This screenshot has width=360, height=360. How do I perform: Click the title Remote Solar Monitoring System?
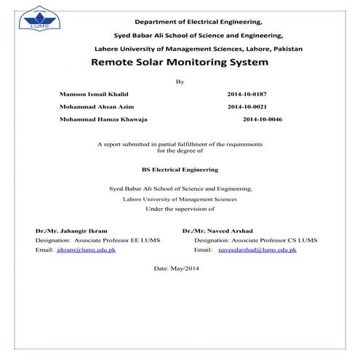tap(180, 63)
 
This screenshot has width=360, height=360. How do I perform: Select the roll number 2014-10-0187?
tap(248, 95)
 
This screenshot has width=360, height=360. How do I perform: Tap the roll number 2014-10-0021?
tap(248, 105)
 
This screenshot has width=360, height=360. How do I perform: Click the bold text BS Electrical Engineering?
tap(180, 169)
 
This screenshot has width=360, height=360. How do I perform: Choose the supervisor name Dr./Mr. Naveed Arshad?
tap(217, 231)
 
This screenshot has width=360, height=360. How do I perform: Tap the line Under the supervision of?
tap(180, 208)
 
